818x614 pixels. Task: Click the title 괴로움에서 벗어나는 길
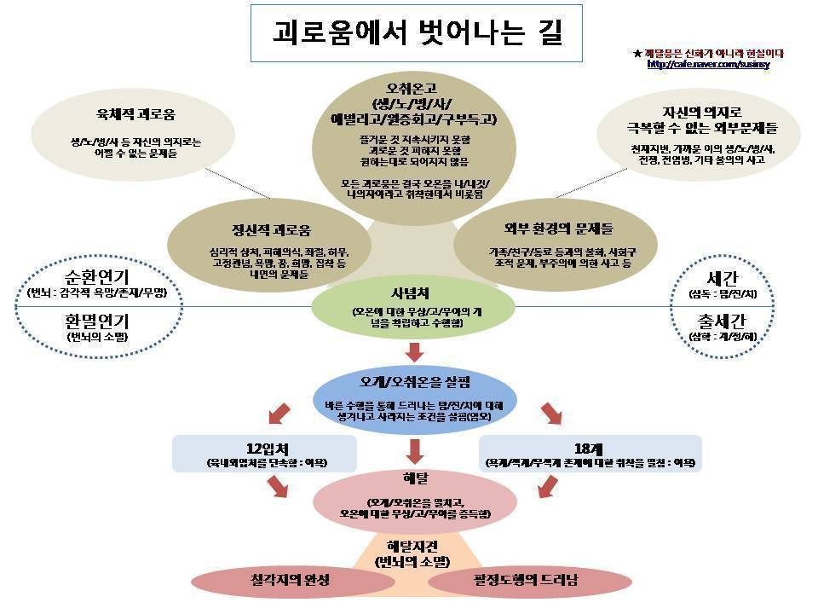click(x=416, y=34)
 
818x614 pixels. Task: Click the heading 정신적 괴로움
click(x=271, y=230)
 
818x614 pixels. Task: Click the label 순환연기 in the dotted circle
click(x=96, y=278)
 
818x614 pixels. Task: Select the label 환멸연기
click(x=96, y=322)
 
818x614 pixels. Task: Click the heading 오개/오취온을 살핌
click(x=415, y=380)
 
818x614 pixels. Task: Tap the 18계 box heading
click(x=590, y=449)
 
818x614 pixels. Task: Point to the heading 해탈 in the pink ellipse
click(x=415, y=477)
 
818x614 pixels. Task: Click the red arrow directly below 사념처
click(x=415, y=351)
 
